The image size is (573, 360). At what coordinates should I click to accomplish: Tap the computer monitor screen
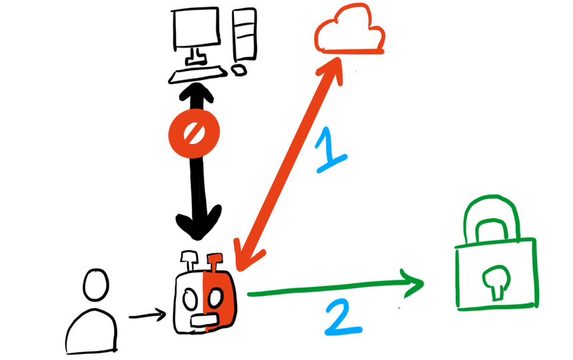pos(196,28)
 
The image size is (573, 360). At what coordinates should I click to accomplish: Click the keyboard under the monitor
pos(199,73)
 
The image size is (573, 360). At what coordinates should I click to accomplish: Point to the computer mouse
pos(238,69)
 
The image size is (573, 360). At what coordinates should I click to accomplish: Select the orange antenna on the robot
pos(215,262)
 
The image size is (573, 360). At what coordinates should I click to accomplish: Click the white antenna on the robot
pos(189,259)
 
